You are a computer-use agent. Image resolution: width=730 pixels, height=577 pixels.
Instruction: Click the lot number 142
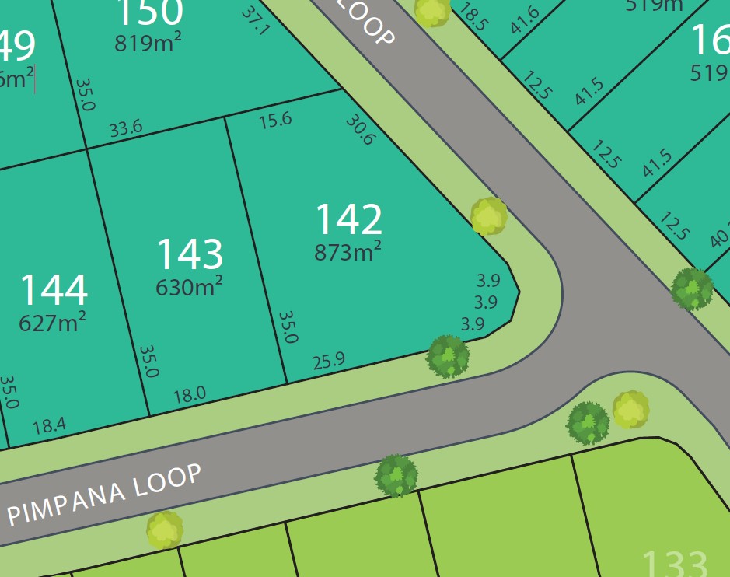coord(348,219)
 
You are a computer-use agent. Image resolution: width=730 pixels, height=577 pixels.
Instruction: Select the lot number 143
coord(190,254)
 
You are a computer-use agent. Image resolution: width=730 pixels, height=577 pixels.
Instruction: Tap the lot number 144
coord(53,290)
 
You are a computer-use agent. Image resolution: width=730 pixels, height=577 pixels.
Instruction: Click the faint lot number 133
coord(675,563)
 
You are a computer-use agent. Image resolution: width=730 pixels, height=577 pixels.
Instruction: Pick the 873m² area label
coord(348,252)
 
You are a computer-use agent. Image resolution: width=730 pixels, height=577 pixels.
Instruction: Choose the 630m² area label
coord(189,287)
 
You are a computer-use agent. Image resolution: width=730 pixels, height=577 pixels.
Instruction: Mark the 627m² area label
coord(52,321)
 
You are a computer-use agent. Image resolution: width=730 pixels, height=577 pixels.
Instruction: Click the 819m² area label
coord(148,44)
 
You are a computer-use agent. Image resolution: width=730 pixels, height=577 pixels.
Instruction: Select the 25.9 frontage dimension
coord(328,362)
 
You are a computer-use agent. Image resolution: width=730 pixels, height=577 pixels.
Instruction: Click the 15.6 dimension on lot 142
coord(275,120)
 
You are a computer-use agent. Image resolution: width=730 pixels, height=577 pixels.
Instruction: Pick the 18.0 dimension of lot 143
coord(189,395)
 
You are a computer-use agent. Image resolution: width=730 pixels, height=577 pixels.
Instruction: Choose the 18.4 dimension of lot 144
coord(49,425)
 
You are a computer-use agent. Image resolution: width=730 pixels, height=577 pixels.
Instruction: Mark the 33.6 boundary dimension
coord(125,129)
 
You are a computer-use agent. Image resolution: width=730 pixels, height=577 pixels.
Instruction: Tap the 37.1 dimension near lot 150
coord(254,21)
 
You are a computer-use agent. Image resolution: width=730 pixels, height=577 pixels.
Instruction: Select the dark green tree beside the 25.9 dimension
coord(448,356)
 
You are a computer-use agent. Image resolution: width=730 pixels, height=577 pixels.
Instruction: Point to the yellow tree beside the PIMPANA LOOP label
coord(165,530)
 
